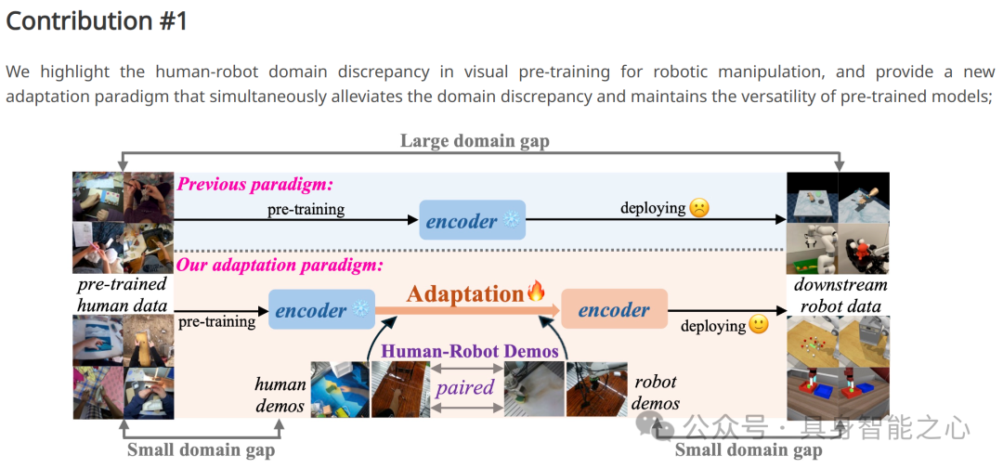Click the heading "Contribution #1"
tap(97, 21)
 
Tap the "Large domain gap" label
tap(475, 140)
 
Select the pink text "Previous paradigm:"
tap(254, 184)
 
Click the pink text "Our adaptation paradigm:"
tap(280, 265)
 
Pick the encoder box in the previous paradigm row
tap(472, 221)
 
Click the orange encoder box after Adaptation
tap(614, 310)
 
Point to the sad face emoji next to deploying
tap(699, 208)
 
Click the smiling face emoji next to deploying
tap(759, 325)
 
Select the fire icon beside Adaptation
tap(537, 292)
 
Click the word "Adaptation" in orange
tap(465, 293)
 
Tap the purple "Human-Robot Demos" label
tap(470, 350)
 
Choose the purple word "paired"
tap(464, 386)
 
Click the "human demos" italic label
tap(280, 394)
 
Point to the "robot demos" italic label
tap(656, 392)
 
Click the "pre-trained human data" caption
tap(122, 293)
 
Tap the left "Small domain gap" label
tap(201, 449)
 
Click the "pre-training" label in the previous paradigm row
tap(306, 209)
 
